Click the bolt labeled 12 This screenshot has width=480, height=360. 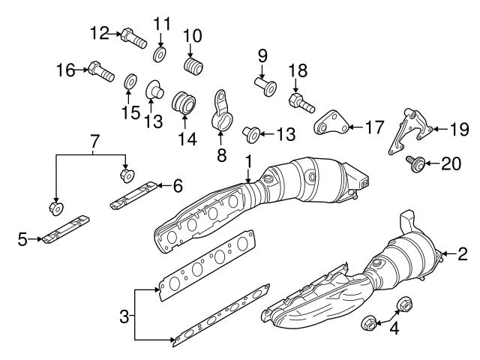133,35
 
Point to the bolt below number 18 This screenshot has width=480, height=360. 300,100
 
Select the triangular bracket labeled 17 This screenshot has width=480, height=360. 328,122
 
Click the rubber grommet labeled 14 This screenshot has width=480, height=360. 184,105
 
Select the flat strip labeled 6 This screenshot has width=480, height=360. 135,193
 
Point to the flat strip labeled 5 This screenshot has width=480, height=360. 64,230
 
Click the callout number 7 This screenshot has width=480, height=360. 94,141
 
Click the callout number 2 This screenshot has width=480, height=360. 463,254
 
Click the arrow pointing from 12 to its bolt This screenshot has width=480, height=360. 115,34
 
